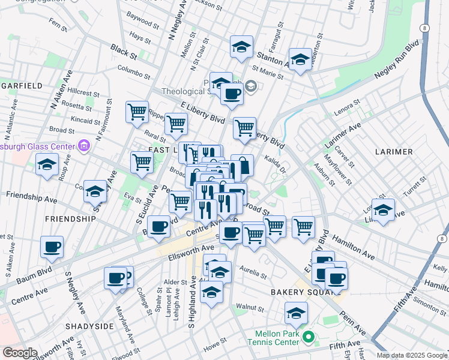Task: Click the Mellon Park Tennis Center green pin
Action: tap(309, 337)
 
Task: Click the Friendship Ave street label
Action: tap(29, 195)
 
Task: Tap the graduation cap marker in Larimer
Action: tap(383, 209)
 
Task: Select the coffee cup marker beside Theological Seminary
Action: tap(232, 94)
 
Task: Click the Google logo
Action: tap(19, 353)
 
